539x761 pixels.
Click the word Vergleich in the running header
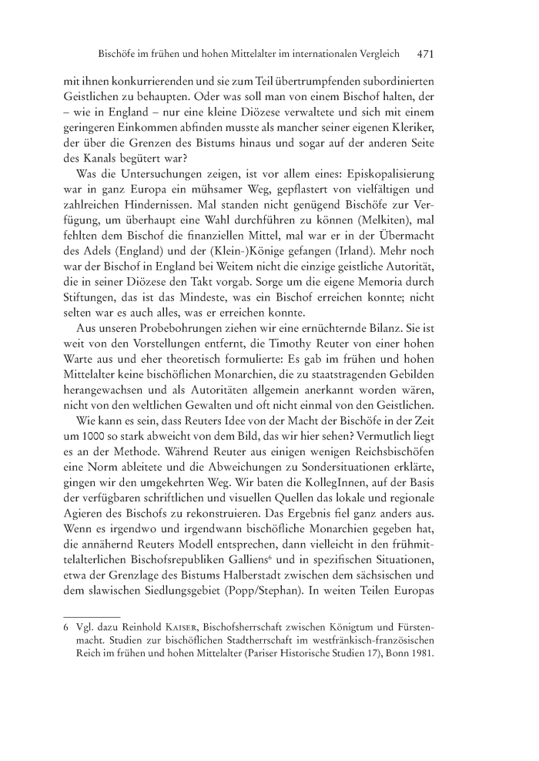(375, 55)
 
